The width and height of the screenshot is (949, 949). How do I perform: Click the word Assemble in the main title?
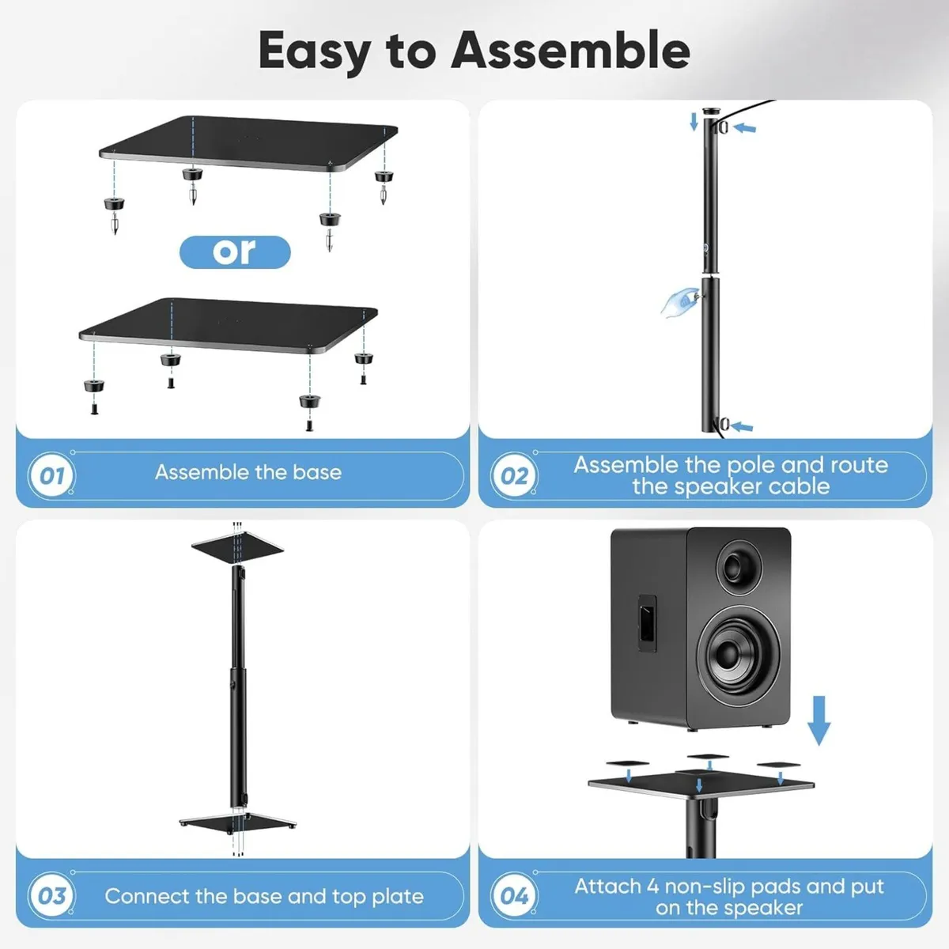pos(570,51)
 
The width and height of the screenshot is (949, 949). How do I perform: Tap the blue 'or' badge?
pos(235,252)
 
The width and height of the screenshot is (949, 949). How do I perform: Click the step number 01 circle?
pos(51,475)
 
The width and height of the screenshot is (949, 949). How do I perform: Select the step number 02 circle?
pos(514,476)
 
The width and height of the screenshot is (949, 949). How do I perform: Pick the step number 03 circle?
pos(51,896)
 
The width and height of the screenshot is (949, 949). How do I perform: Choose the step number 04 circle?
pos(514,896)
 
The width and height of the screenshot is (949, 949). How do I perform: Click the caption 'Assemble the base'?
pos(248,472)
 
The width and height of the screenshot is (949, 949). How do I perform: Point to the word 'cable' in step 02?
pos(799,486)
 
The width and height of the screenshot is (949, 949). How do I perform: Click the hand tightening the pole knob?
pos(679,301)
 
